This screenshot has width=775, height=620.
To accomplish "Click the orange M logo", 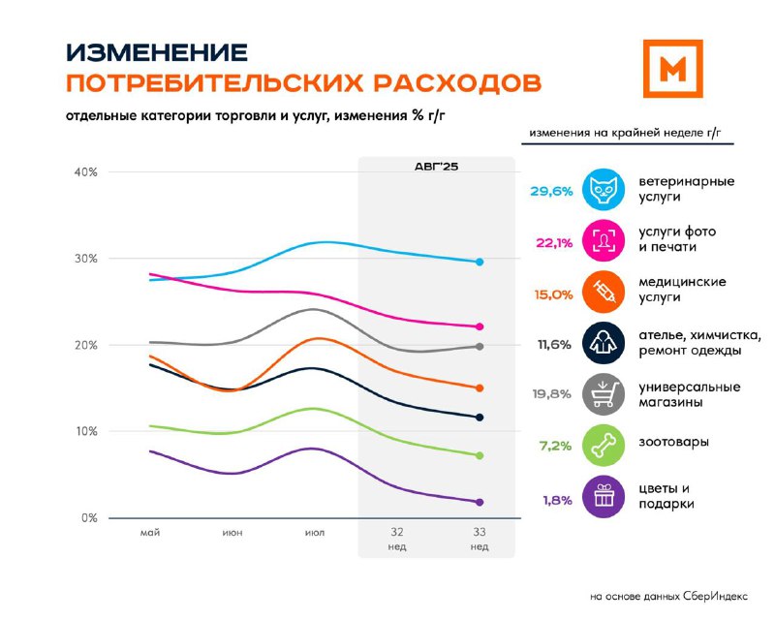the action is (x=672, y=69).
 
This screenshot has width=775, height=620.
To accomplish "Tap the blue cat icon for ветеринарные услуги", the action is (x=604, y=189).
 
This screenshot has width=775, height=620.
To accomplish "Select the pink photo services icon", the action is (x=604, y=241).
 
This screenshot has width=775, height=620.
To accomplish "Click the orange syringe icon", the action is (x=604, y=292).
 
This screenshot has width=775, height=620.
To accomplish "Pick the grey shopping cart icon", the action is (x=604, y=394).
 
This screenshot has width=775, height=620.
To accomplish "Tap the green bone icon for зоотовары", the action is (x=604, y=445).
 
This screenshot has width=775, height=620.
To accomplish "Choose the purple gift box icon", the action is (x=604, y=496).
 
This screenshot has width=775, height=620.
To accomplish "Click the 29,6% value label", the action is (x=551, y=192).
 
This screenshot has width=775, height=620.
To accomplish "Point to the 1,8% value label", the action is (x=558, y=500).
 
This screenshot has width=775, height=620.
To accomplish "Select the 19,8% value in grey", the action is (x=551, y=394).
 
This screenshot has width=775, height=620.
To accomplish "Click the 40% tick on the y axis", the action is (x=85, y=172).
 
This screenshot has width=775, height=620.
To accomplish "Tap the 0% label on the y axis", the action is (x=89, y=517).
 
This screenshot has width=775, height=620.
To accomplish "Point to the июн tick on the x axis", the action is (x=232, y=533).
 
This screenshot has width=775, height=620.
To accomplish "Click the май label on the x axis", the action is (x=150, y=533).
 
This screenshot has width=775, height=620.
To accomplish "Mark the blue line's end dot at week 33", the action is (x=480, y=262).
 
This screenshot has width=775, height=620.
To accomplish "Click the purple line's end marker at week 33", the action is (x=480, y=503).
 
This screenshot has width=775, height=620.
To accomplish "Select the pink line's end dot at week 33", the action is (x=480, y=326).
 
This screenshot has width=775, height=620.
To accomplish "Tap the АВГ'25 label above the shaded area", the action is (x=437, y=167).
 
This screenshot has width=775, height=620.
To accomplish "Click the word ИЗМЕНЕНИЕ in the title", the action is (x=157, y=52).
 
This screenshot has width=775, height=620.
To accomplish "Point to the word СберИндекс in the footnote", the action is (x=715, y=597).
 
